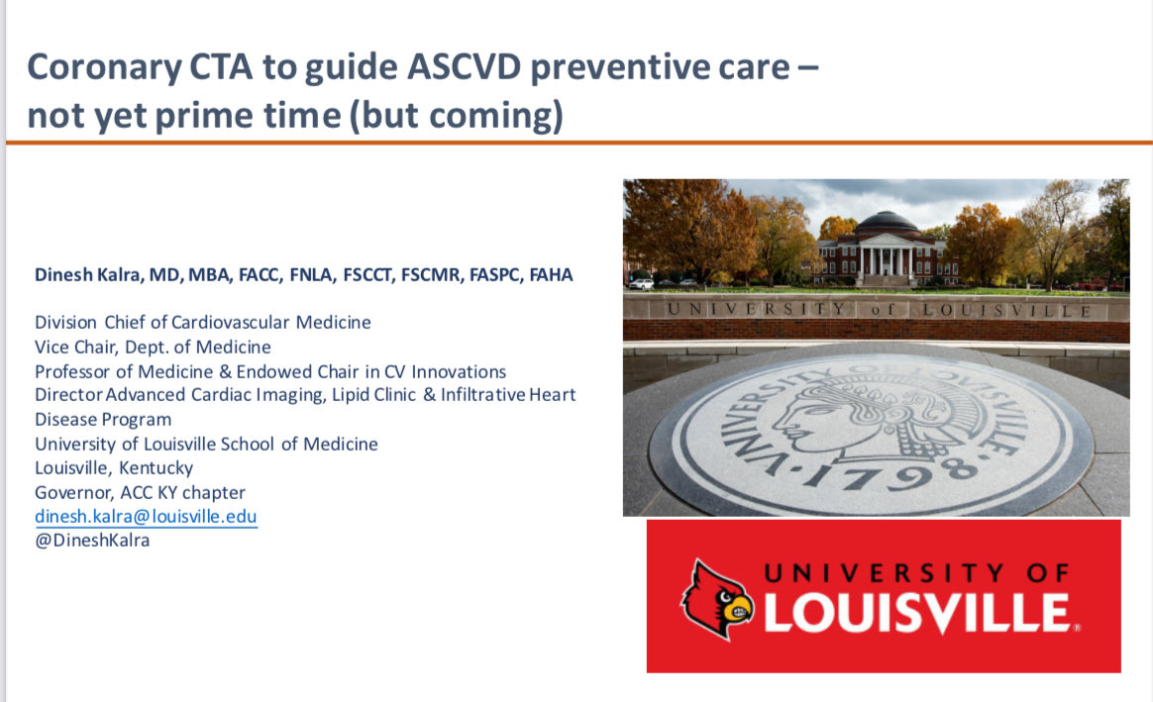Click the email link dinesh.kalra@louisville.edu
point(146,516)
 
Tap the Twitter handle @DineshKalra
point(92,541)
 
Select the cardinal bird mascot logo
point(717,598)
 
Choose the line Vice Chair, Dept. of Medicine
point(153,348)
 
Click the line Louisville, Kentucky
point(114,468)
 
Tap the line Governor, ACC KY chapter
point(140,492)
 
